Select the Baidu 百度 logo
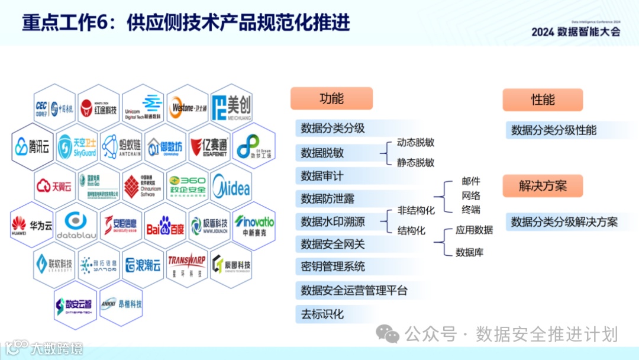pos(165,226)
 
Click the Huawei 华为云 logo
pos(32,225)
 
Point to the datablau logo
pos(76,226)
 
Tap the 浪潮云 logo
pos(143,265)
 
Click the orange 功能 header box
pos(331,99)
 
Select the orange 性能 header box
pos(543,100)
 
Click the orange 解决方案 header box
pos(543,186)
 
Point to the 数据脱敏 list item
pos(322,153)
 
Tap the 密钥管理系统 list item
pos(333,267)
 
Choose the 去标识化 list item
pos(322,314)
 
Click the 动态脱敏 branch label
pos(415,143)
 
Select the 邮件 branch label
pos(471,181)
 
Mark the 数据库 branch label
pos(469,253)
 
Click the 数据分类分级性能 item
pos(554,130)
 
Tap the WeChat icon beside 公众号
pos(388,335)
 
